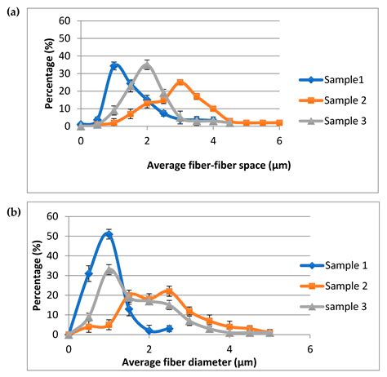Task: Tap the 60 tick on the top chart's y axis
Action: tap(65, 20)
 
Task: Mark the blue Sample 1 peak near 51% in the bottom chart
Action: tap(109, 234)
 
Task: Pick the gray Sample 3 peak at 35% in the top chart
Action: tap(147, 64)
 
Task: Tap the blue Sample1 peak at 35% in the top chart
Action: tap(114, 64)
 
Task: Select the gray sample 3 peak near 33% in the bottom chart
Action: tap(109, 270)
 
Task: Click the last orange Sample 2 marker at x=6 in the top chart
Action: tap(279, 122)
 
